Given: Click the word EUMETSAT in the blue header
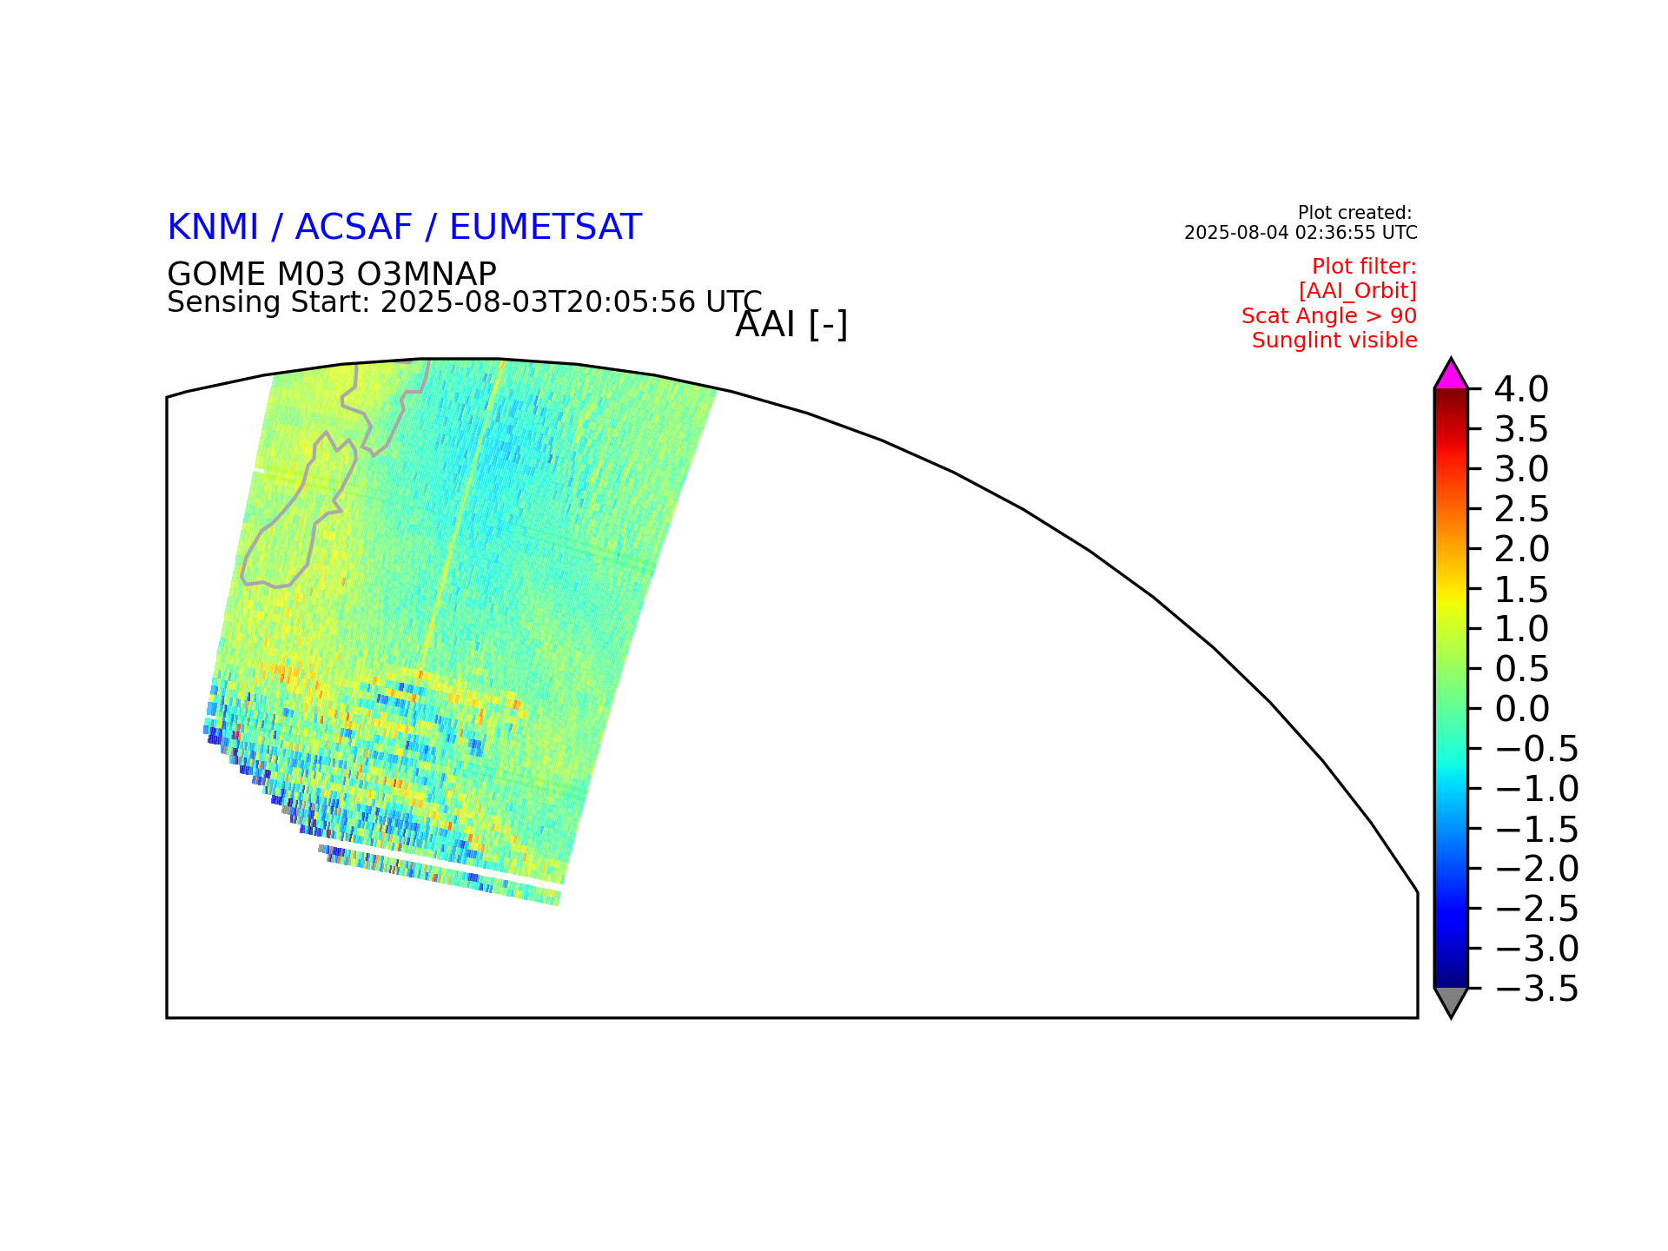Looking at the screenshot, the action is [x=545, y=228].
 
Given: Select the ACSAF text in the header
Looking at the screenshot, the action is [x=354, y=228].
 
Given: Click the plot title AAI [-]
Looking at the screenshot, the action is [x=791, y=325].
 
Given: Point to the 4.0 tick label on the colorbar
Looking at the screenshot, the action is [x=1521, y=390].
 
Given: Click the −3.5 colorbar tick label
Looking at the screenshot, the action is [x=1537, y=989].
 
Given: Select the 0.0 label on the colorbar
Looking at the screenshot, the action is [x=1522, y=709].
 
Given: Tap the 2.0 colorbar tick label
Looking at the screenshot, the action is [x=1521, y=549].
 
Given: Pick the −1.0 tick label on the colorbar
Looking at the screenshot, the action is [x=1537, y=789].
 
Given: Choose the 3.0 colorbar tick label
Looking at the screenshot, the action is [x=1521, y=469].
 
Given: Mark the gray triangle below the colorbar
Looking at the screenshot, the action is [x=1451, y=1002].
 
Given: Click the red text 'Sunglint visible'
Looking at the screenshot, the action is [x=1334, y=341].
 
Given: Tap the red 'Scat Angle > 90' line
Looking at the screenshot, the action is [x=1329, y=316].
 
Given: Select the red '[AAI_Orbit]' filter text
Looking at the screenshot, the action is [x=1358, y=291].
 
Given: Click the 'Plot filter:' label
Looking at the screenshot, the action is [x=1364, y=267].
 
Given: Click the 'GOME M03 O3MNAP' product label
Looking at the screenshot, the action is [x=332, y=275].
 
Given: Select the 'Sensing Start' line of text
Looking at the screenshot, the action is [x=465, y=302].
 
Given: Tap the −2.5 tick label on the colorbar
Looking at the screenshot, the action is [x=1537, y=909].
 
